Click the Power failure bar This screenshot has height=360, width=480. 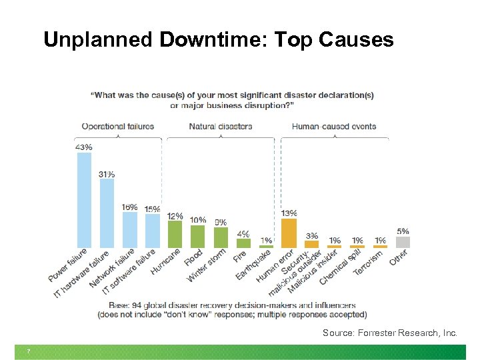(84, 200)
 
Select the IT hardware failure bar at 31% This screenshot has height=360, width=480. (107, 213)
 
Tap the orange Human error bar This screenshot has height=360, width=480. (289, 233)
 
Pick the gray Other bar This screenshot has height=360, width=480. (403, 242)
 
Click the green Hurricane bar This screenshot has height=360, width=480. (175, 234)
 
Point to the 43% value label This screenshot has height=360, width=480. (84, 147)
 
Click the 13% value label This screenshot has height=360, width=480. (289, 213)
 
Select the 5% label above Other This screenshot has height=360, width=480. (403, 231)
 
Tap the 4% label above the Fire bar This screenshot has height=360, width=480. (243, 233)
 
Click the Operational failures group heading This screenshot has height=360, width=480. (117, 126)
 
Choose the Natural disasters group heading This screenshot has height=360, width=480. (221, 126)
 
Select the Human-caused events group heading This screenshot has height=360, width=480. (334, 126)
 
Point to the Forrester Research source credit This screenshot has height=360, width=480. (390, 332)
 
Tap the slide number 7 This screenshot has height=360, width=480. (29, 352)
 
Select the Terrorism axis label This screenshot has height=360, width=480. (368, 261)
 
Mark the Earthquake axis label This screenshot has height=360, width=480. (253, 265)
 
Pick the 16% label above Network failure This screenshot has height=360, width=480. (130, 207)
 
